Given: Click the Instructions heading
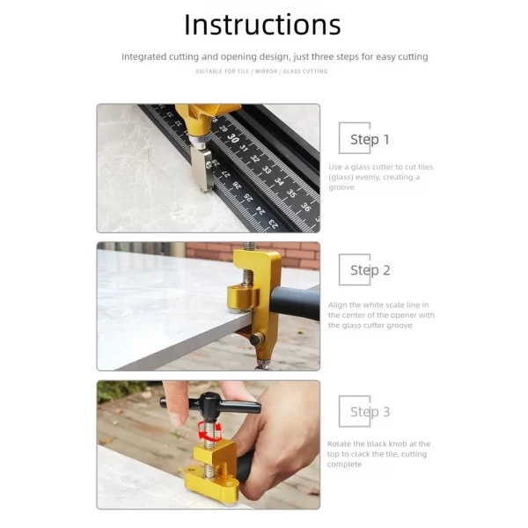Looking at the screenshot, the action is click(x=262, y=25).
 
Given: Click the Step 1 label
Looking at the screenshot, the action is click(x=370, y=139).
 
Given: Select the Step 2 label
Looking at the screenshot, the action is click(x=370, y=270).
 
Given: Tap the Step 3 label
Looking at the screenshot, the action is click(x=370, y=412).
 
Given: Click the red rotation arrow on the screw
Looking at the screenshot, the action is click(x=209, y=431).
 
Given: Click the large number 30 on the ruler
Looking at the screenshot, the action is click(x=232, y=138).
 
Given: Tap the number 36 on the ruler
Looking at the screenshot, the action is click(x=305, y=207).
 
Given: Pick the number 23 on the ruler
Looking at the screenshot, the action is click(x=273, y=224).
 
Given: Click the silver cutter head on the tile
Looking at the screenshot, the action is click(x=202, y=169).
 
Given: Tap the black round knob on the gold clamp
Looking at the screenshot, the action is click(x=257, y=338).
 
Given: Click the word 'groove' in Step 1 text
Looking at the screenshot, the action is click(x=341, y=187).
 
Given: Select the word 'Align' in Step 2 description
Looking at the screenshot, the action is click(x=338, y=305).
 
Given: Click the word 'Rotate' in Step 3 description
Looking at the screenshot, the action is click(x=339, y=444).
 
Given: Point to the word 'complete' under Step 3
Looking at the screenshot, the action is click(x=344, y=465).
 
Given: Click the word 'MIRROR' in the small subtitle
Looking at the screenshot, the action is click(x=266, y=71).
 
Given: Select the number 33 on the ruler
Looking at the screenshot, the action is click(x=267, y=170).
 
